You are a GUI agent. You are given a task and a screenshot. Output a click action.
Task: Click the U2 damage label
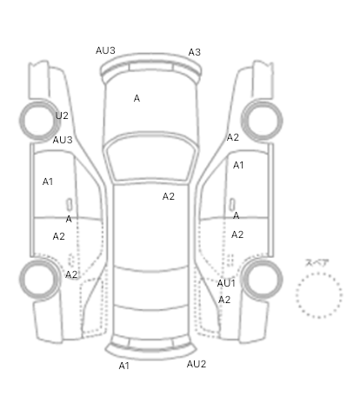tap(62, 116)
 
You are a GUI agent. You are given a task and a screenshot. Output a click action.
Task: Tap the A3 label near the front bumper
tap(195, 52)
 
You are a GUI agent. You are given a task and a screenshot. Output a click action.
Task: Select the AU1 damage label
tap(226, 283)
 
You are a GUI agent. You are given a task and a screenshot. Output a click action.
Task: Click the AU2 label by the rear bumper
tap(197, 364)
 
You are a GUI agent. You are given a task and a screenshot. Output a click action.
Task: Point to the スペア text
tap(317, 263)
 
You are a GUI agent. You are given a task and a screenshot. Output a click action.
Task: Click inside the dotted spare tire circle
tap(319, 294)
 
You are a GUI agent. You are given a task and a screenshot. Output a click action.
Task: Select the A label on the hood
tap(137, 98)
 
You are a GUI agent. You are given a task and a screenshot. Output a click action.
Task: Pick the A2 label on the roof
tap(169, 196)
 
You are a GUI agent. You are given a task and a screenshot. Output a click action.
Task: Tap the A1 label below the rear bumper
tap(123, 366)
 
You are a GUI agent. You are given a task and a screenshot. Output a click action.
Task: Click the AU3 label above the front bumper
tap(105, 50)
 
